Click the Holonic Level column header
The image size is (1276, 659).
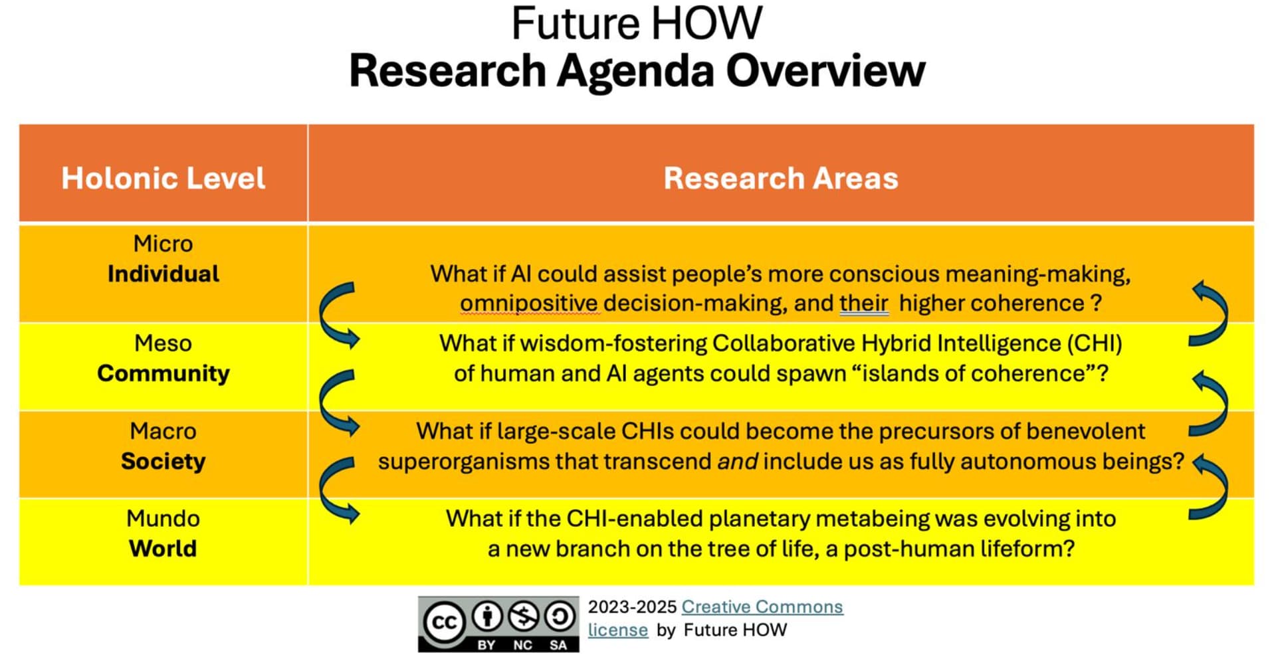[x=163, y=178]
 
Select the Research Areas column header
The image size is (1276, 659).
[x=781, y=178]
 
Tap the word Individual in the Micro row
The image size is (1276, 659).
[x=163, y=274]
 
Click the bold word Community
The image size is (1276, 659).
[x=163, y=373]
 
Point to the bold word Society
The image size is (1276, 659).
[x=163, y=461]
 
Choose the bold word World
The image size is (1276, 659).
[x=163, y=549]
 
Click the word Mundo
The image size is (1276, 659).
[x=163, y=518]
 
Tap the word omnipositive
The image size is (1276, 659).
[x=529, y=304]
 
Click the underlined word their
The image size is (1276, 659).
[x=864, y=304]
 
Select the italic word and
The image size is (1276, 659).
[x=738, y=462]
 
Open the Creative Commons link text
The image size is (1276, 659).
[x=762, y=607]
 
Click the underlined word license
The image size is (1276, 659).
[x=618, y=630]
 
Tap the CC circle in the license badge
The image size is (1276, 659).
[x=444, y=622]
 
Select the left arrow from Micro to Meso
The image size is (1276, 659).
[x=338, y=315]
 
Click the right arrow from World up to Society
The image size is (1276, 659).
[x=1210, y=487]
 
